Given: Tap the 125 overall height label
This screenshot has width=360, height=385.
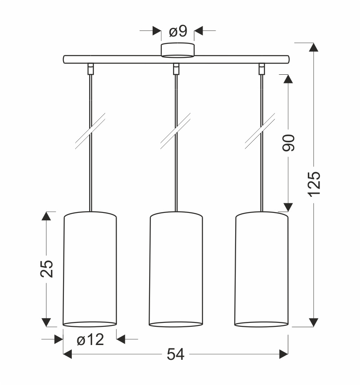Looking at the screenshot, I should click(x=314, y=183).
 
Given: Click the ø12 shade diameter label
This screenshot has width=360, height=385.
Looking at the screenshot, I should click(x=90, y=339).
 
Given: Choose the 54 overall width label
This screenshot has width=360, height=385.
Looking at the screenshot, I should click(x=176, y=355).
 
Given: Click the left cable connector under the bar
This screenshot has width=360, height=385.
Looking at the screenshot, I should click(x=90, y=68).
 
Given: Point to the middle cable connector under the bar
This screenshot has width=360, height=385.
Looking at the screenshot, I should click(x=176, y=68).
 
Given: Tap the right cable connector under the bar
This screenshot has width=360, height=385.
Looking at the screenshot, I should click(x=261, y=68).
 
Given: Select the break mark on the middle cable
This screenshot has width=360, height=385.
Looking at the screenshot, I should click(x=176, y=131).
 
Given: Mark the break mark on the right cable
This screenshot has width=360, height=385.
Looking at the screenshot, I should click(x=261, y=131).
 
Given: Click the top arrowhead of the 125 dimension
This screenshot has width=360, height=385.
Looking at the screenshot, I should click(x=313, y=47).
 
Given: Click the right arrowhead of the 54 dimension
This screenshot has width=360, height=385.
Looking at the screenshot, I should click(x=284, y=355).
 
